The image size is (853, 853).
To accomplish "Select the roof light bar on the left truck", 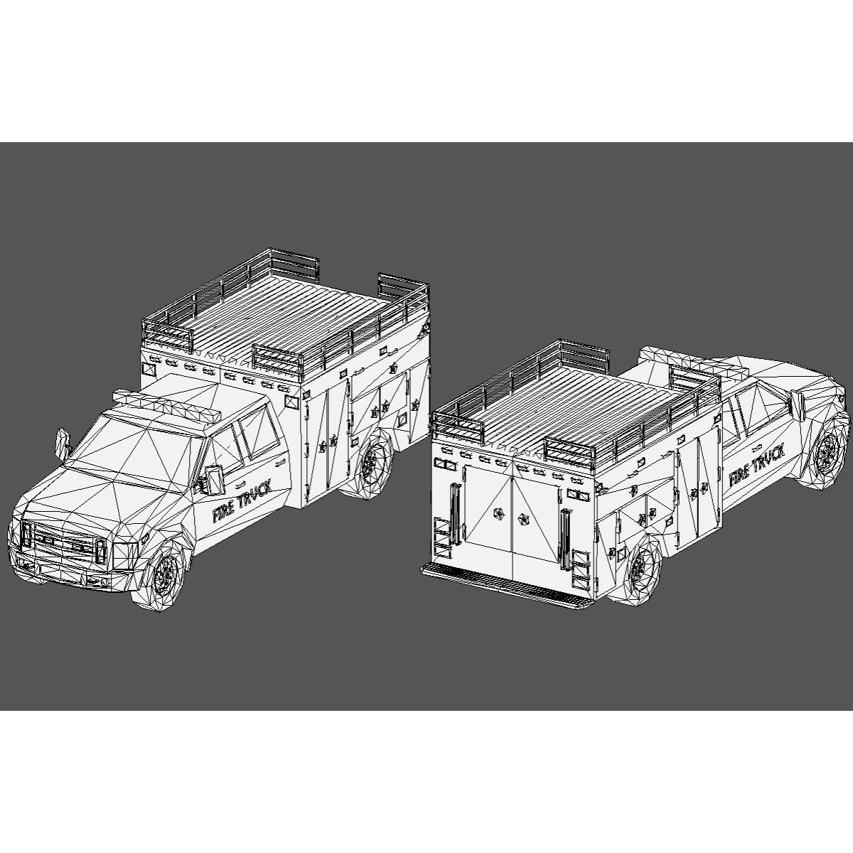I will click(171, 404).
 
